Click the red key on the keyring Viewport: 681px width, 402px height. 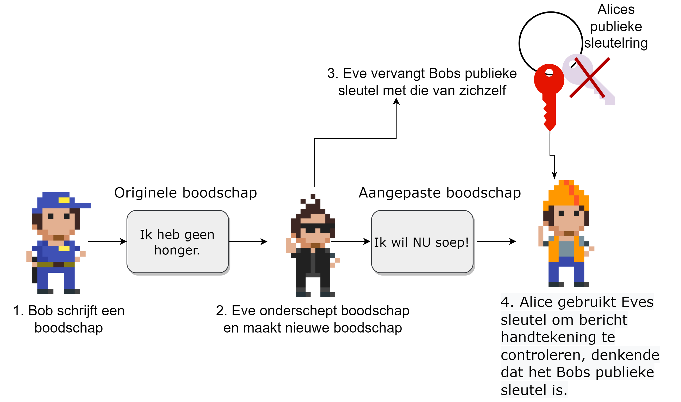point(550,90)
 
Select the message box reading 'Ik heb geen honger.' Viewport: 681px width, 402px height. point(178,242)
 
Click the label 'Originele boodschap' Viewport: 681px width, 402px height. point(186,193)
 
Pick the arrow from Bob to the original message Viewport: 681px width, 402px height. point(107,242)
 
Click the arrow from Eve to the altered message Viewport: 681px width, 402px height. point(351,242)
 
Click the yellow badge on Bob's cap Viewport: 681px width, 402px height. point(64,200)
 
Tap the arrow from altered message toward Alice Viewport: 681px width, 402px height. point(497,242)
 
